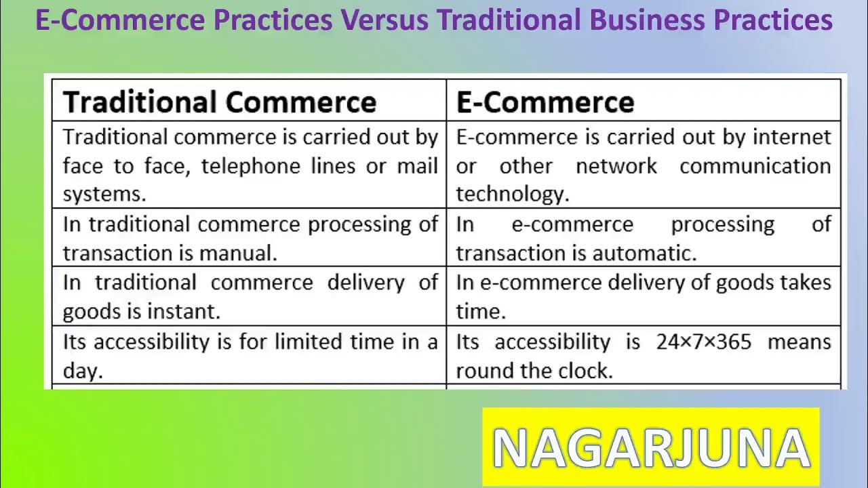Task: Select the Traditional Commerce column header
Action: pos(219,102)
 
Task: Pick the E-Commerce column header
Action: pos(545,102)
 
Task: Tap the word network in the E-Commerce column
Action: pos(616,166)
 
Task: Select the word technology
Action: pos(512,195)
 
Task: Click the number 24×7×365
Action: pos(703,342)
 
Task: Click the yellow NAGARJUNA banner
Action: pos(650,447)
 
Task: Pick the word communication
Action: pos(755,166)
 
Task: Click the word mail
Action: pos(417,166)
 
